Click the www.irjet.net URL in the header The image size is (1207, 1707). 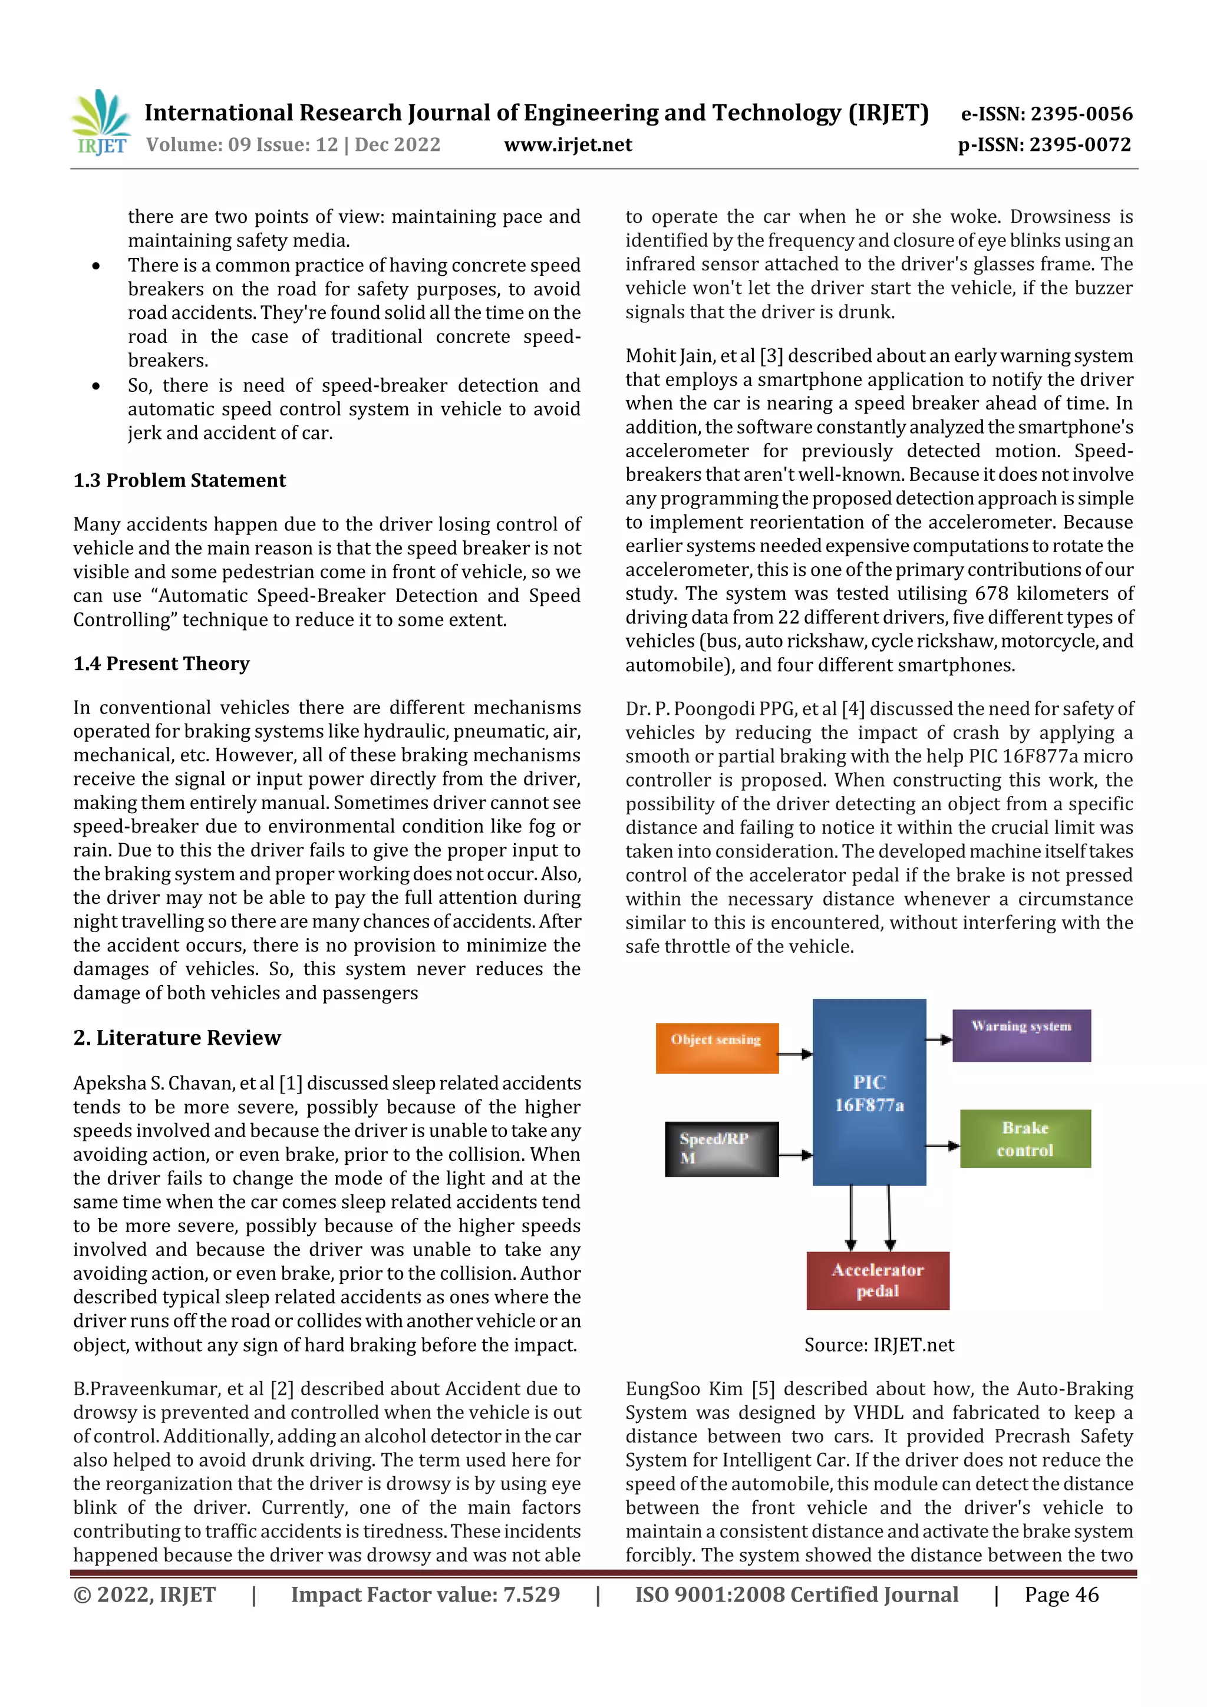pos(568,144)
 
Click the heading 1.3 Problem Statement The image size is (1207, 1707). pos(179,480)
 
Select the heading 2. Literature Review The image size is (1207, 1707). pos(177,1037)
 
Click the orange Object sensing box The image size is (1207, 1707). pos(716,1048)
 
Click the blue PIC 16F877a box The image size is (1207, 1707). pos(869,1092)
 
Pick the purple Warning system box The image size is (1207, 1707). pos(1021,1035)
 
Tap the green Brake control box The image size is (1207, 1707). pos(1025,1138)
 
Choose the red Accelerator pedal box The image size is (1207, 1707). pos(878,1280)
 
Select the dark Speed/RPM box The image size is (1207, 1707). pos(721,1148)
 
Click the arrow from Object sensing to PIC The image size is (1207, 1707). pos(795,1054)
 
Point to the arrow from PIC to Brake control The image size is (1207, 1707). pos(942,1145)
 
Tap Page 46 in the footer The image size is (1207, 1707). pos(1061,1594)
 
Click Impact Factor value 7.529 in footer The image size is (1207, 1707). pos(425,1594)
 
